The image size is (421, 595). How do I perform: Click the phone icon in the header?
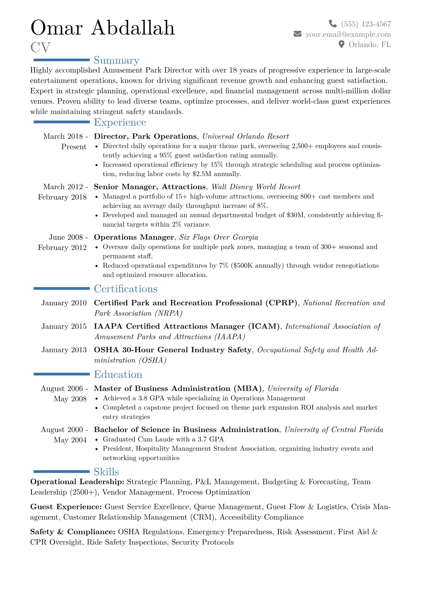[x=333, y=24]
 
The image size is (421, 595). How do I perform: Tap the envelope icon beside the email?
[x=298, y=34]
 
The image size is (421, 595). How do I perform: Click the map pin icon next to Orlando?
[x=341, y=44]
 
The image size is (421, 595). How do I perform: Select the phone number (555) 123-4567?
[x=366, y=24]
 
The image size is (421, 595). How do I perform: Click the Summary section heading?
[x=116, y=60]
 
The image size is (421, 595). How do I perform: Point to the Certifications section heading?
[x=126, y=289]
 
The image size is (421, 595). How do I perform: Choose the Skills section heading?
[x=106, y=472]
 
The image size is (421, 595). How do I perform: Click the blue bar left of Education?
[x=62, y=374]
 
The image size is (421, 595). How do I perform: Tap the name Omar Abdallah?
[x=103, y=28]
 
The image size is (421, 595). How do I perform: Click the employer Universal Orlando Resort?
[x=246, y=136]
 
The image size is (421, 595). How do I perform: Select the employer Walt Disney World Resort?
[x=256, y=187]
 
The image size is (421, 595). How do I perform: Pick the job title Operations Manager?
[x=134, y=237]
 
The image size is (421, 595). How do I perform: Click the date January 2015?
[x=64, y=326]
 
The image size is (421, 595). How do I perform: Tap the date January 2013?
[x=64, y=350]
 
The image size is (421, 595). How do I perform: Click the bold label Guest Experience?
[x=66, y=507]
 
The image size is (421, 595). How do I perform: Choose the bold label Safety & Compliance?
[x=73, y=532]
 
